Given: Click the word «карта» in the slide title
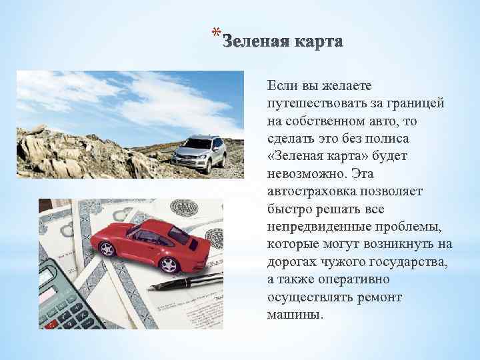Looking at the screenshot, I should [x=315, y=43].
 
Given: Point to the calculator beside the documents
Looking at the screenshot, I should [x=63, y=293].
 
